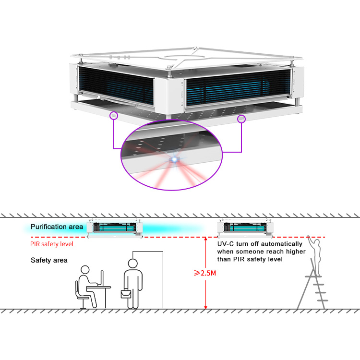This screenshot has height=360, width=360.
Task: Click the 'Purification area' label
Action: pyautogui.click(x=57, y=227)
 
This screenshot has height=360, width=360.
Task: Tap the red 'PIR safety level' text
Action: pyautogui.click(x=52, y=244)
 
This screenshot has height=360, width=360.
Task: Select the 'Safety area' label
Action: pyautogui.click(x=49, y=260)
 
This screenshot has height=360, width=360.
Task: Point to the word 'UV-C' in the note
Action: pyautogui.click(x=225, y=243)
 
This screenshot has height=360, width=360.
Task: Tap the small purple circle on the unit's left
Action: pyautogui.click(x=114, y=115)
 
